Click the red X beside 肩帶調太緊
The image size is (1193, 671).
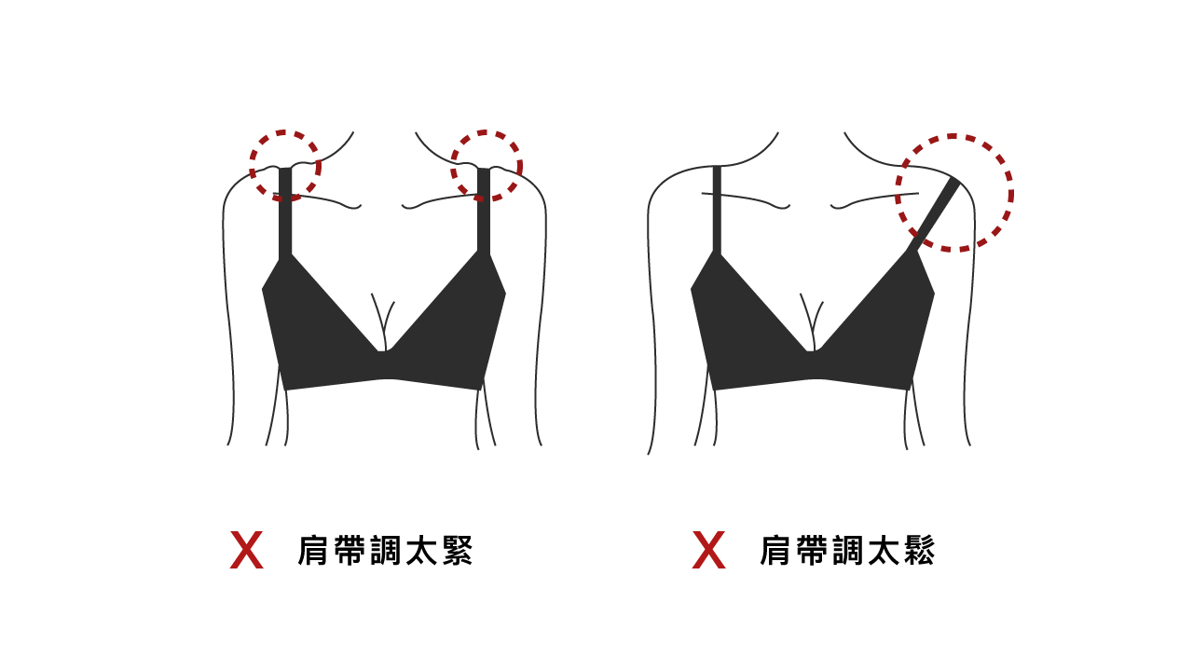[247, 550]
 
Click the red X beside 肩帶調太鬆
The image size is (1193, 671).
[709, 550]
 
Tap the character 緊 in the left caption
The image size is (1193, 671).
[458, 550]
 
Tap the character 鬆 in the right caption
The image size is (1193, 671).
[920, 550]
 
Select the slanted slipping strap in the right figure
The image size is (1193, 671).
[933, 215]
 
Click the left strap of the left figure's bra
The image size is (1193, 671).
[285, 213]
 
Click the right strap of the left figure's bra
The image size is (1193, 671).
[484, 211]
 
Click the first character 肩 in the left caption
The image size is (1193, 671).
[312, 550]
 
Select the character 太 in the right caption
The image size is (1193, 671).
[884, 550]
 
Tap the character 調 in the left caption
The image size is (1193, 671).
[385, 550]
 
